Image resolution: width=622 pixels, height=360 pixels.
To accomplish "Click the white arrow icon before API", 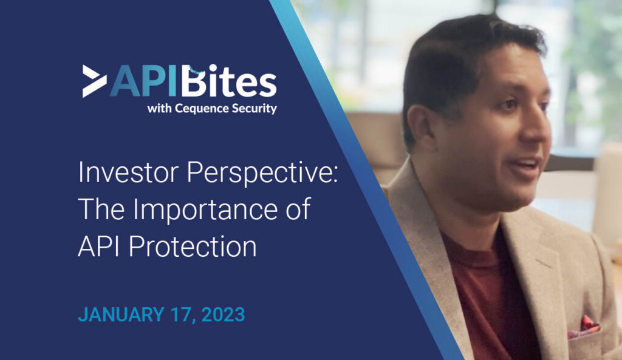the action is [94, 81].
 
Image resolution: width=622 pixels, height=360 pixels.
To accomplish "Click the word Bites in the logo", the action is [228, 81].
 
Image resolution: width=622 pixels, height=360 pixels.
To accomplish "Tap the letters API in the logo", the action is [143, 81].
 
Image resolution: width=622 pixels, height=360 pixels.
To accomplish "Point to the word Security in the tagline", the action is [255, 109].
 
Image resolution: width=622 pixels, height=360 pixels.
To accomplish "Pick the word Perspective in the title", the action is [262, 173].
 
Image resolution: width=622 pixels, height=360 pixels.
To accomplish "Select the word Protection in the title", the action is [193, 246].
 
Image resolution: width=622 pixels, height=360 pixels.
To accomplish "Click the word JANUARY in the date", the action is [121, 315].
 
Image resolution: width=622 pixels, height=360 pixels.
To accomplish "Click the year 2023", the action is [223, 315].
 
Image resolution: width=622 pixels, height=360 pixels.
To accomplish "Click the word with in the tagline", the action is [159, 108].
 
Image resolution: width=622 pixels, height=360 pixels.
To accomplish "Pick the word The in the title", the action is [101, 209].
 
